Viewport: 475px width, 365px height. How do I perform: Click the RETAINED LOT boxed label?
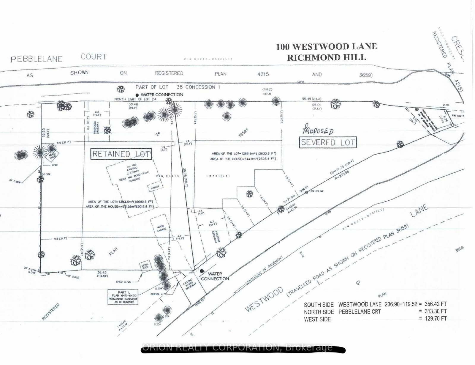121,154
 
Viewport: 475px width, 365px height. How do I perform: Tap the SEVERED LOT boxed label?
328,142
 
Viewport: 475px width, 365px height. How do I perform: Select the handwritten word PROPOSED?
318,131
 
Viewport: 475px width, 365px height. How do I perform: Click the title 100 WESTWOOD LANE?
326,46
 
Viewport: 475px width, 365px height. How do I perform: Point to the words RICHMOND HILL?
326,57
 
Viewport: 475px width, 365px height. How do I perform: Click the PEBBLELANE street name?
37,59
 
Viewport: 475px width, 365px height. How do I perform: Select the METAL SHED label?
146,265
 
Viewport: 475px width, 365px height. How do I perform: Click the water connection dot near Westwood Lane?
202,271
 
